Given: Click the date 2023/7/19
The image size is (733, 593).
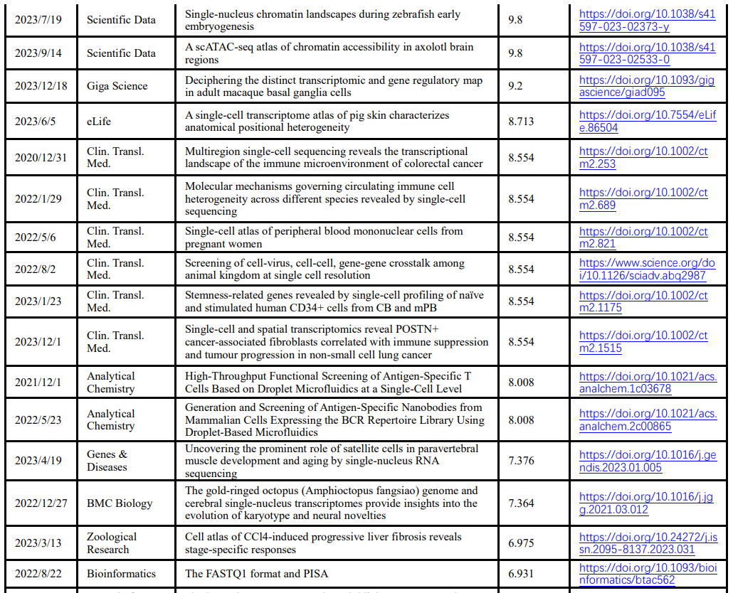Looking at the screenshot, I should pos(38,20).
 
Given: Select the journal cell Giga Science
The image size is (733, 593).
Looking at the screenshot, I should pos(117,86).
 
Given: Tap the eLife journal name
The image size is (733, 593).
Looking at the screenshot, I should pos(100,122).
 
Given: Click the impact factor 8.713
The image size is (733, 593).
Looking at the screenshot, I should pos(521,122).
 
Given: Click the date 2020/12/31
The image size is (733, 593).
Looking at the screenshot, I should pos(41,158).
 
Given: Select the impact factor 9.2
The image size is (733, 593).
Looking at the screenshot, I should pos(515,86).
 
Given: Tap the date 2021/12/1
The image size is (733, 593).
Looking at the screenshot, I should pos(38,383).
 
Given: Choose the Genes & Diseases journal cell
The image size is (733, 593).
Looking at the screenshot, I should pos(107,461).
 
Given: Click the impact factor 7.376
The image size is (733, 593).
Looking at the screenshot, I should pos(521,461).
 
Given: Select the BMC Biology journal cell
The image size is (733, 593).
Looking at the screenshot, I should pos(120,503).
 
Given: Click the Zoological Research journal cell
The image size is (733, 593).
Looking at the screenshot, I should pos(112,543).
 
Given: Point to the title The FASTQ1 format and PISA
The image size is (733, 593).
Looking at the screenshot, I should pos(256,574).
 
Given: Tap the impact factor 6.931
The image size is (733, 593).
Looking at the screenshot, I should pos(521,574).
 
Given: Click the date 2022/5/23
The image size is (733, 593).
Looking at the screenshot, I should pos(38,420).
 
